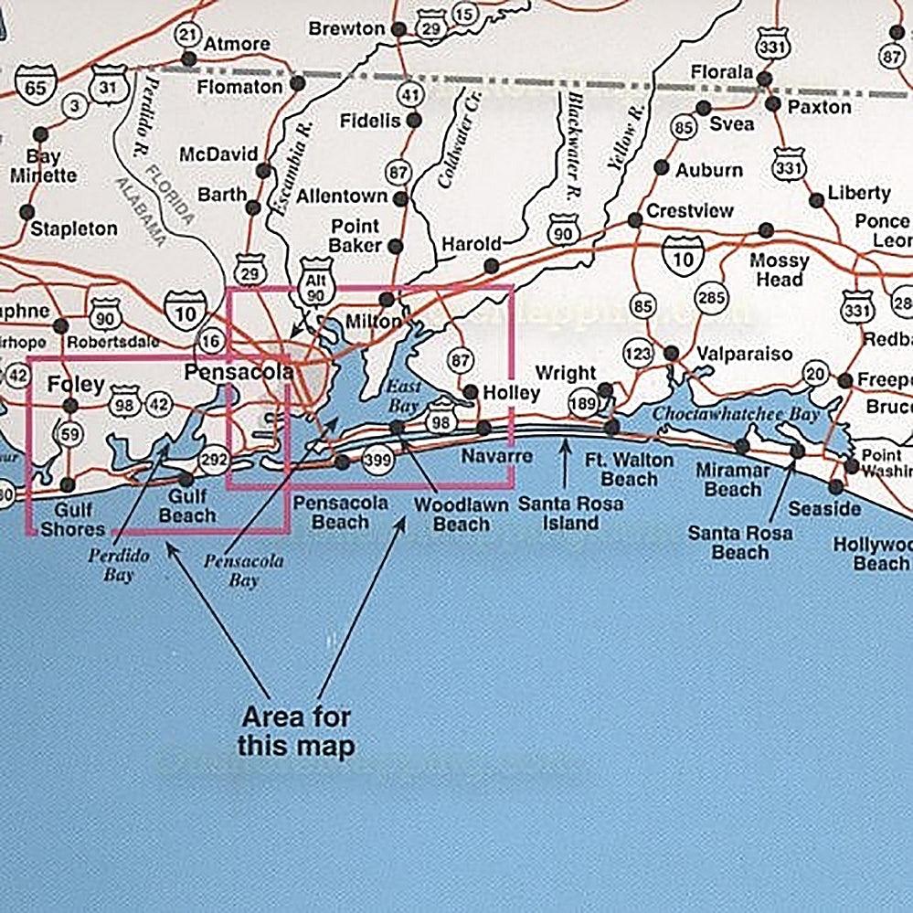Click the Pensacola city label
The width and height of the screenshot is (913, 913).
click(239, 372)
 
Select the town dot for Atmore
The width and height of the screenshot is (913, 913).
click(189, 59)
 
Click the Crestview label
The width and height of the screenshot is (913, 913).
click(689, 210)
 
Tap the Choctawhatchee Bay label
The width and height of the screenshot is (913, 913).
click(736, 414)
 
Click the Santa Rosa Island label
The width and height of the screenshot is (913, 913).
click(570, 513)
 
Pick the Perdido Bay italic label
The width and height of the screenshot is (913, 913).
click(118, 564)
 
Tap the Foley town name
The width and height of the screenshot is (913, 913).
click(76, 383)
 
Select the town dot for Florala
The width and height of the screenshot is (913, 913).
click(764, 79)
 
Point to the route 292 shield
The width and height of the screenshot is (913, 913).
click(213, 459)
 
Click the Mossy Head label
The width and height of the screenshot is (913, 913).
click(779, 271)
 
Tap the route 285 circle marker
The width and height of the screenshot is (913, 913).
click(710, 297)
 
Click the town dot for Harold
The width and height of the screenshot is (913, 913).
click(492, 266)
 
